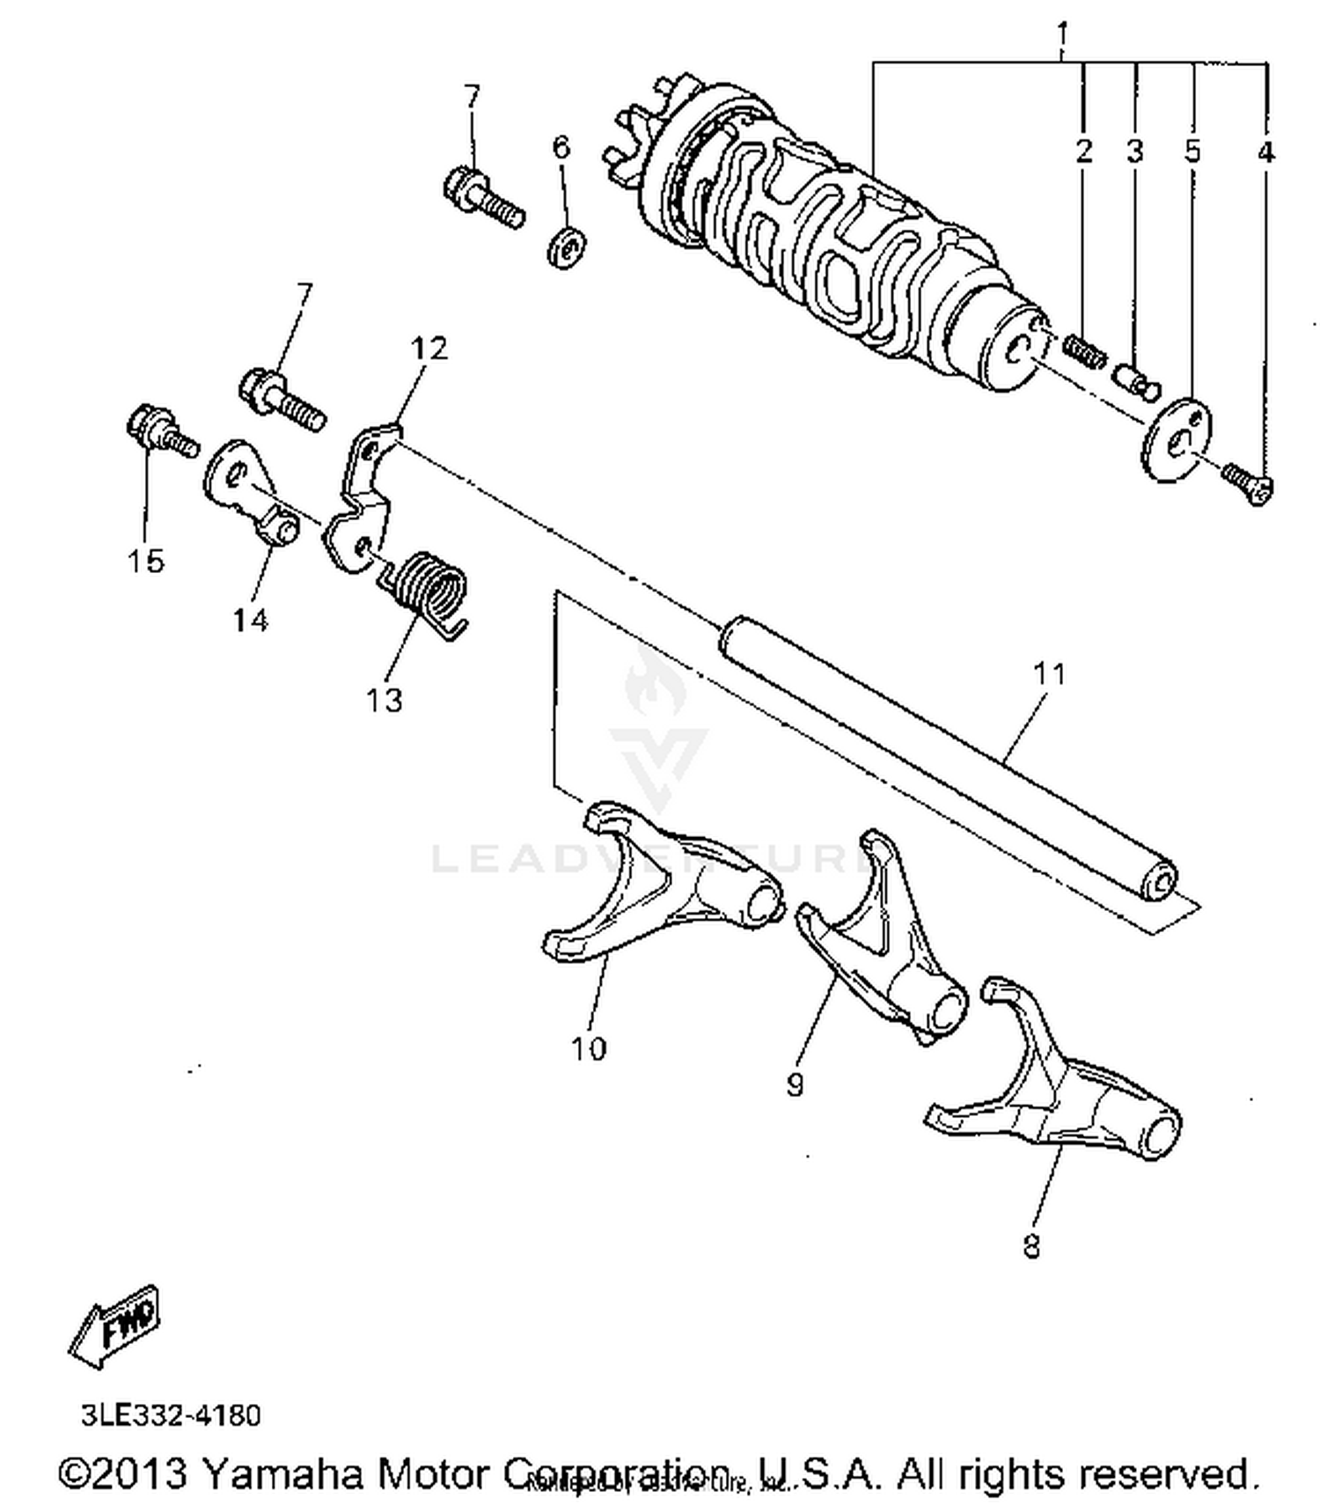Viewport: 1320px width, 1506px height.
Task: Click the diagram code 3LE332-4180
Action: [x=171, y=1415]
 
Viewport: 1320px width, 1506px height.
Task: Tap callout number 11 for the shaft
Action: [x=1048, y=674]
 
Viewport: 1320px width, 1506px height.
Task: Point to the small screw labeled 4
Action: [x=1248, y=481]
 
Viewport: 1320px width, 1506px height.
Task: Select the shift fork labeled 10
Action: [x=660, y=898]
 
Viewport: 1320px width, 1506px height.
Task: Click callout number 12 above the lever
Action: [x=429, y=349]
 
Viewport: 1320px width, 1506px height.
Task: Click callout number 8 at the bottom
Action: [x=1031, y=1246]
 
